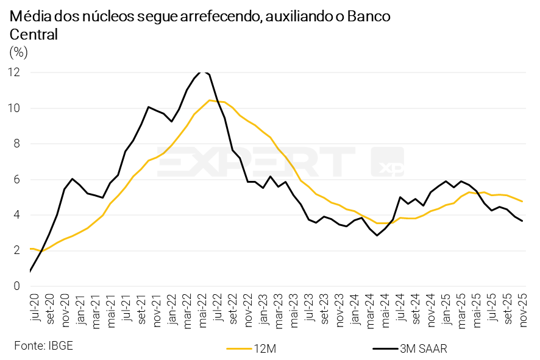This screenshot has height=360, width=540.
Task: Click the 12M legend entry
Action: pos(255,348)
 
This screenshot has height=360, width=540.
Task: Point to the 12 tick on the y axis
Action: pos(14,72)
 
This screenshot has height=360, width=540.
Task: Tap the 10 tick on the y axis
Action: pos(14,108)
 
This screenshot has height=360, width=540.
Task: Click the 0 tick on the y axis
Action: pos(17,286)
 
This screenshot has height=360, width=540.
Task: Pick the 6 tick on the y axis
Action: pos(17,179)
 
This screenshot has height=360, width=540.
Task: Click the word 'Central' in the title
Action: pos(34,34)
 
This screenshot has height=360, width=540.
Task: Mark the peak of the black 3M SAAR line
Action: pos(203,71)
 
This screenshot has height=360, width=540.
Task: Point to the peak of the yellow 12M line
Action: pos(210,100)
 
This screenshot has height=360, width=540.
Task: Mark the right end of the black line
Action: pos(522,221)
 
